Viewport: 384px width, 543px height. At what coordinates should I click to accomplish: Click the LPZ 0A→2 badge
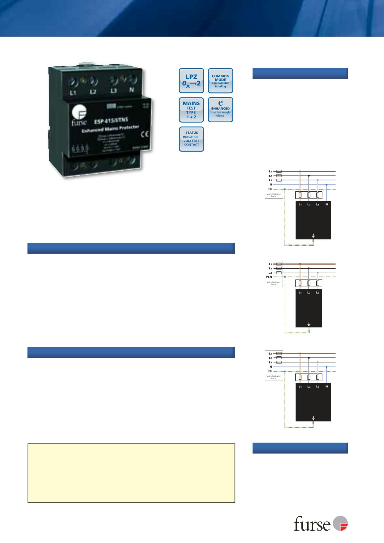click(x=191, y=81)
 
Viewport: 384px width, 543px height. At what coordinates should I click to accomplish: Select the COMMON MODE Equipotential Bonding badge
click(x=221, y=81)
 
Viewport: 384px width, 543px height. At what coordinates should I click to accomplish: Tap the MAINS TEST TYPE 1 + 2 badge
click(x=191, y=110)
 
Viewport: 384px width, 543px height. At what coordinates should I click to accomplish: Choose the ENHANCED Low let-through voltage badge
click(x=221, y=110)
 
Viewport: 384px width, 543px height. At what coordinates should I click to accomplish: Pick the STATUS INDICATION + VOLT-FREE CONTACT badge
click(x=191, y=139)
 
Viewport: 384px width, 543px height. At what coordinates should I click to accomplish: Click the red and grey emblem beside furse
click(x=340, y=523)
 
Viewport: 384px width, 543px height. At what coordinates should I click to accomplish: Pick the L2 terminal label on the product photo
click(x=93, y=92)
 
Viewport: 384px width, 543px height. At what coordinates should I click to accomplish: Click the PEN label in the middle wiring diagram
click(x=269, y=277)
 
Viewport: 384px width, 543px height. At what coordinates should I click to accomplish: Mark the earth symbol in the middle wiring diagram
click(x=309, y=324)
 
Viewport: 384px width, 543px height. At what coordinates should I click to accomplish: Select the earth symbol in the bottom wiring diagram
click(x=313, y=418)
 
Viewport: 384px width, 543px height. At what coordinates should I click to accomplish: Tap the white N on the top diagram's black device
click(x=327, y=204)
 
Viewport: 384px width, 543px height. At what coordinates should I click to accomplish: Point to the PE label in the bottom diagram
click(x=270, y=371)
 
